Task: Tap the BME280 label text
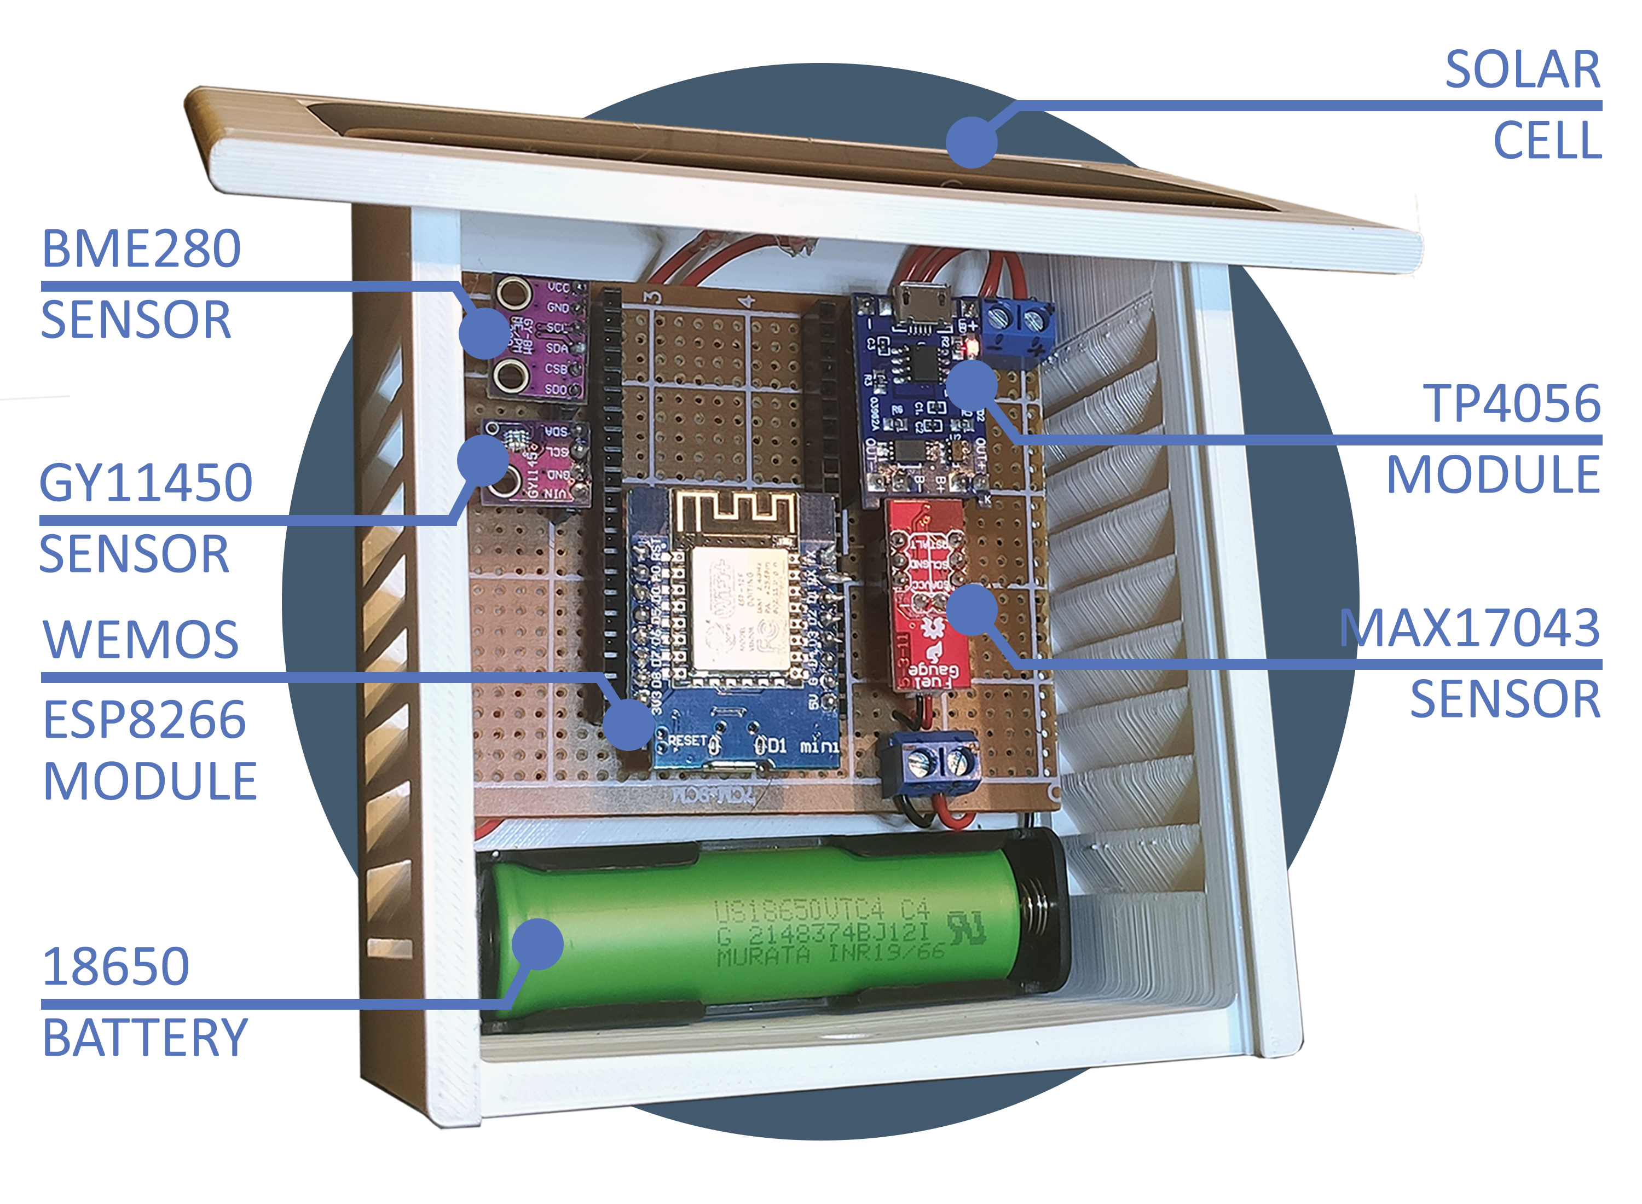click(x=141, y=249)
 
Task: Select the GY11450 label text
click(x=146, y=483)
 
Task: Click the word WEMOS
click(x=141, y=640)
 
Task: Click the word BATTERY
click(x=144, y=1038)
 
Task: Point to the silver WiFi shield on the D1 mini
click(x=738, y=609)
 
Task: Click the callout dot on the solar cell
click(x=971, y=141)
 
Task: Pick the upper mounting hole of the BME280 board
click(x=513, y=294)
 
